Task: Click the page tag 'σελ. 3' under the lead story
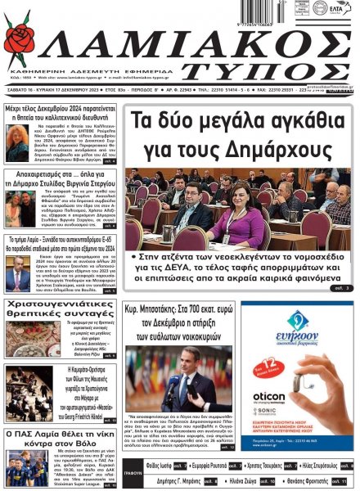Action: coord(341,288)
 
